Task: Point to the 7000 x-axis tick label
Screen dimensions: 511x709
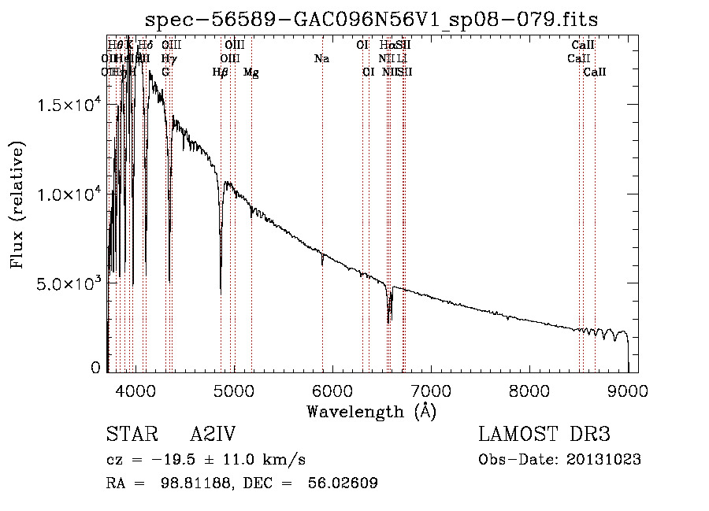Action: [430, 390]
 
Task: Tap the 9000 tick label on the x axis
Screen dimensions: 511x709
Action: [627, 390]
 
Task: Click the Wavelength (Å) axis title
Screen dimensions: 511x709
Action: [371, 411]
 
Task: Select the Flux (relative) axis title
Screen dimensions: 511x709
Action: [17, 205]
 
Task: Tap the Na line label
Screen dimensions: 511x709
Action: [321, 59]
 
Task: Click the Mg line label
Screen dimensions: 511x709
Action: [251, 72]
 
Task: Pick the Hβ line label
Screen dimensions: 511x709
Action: [221, 72]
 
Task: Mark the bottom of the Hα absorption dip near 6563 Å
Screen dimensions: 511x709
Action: [389, 321]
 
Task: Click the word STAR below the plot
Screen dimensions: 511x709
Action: [127, 435]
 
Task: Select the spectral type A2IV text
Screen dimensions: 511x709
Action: [213, 435]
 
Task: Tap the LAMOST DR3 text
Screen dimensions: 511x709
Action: [544, 435]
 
